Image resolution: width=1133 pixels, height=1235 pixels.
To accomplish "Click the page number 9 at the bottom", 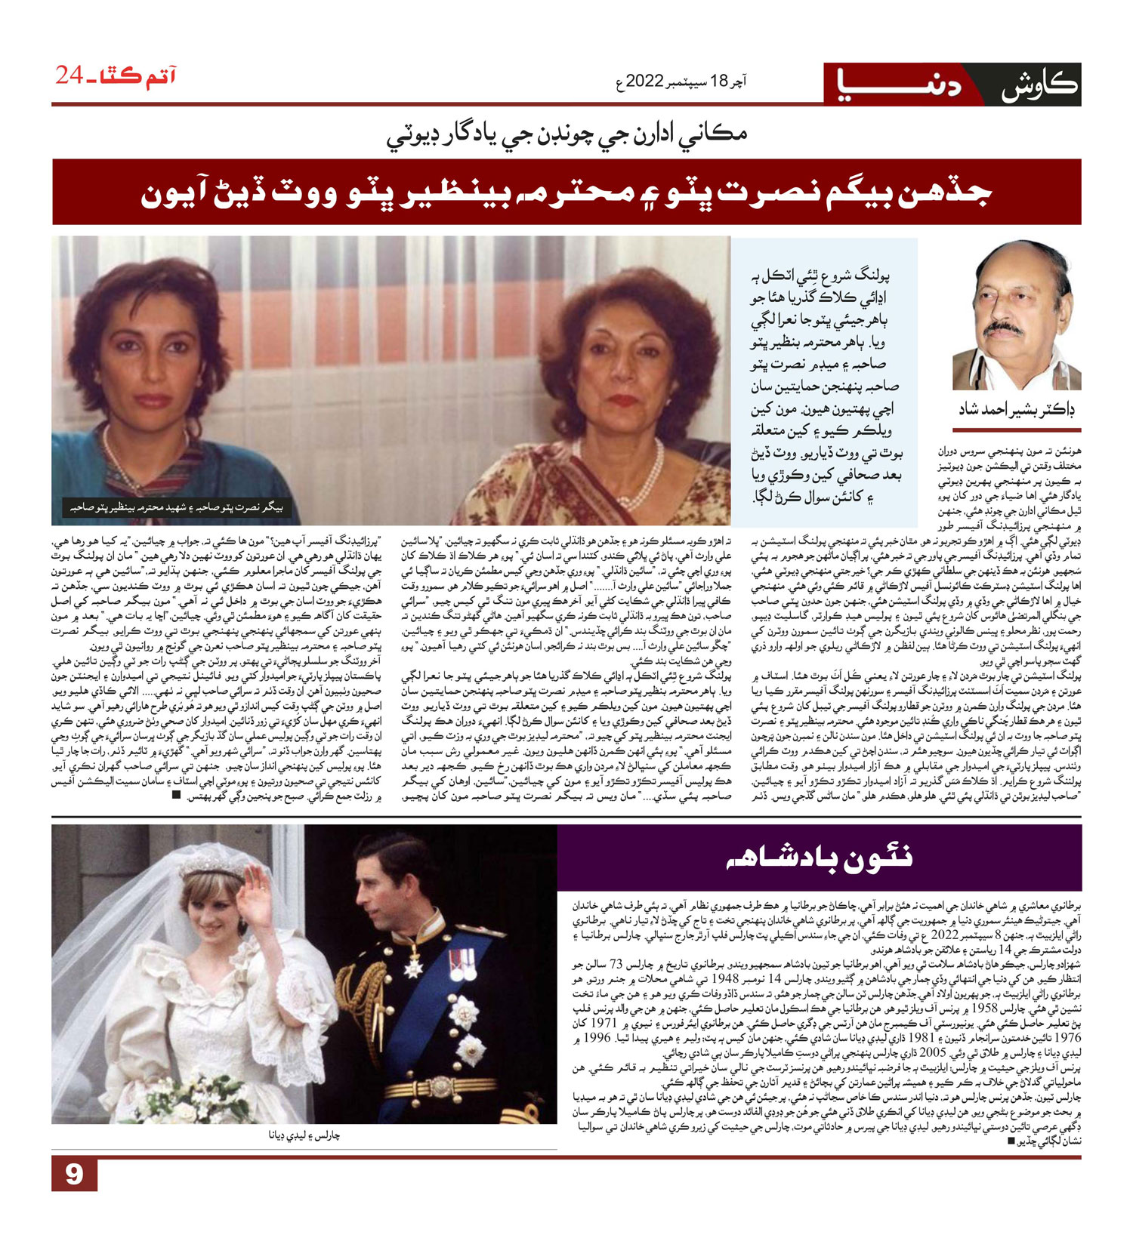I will pos(73,1175).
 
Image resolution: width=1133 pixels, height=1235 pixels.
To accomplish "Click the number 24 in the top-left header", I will pos(69,75).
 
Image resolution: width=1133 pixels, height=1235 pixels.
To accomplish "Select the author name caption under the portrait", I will pos(1016,410).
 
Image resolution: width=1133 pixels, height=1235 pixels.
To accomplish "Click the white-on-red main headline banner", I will pos(566,192).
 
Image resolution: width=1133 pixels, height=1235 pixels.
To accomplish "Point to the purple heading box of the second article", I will pos(819,858).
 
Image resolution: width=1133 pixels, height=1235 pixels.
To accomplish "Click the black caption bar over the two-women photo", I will pos(176,507).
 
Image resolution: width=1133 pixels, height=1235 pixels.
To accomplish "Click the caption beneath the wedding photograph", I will pos(304,1135).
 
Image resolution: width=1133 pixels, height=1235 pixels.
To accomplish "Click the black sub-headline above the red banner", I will pos(566,136).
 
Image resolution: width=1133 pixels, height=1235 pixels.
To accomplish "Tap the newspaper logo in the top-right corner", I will pos(952,85).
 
